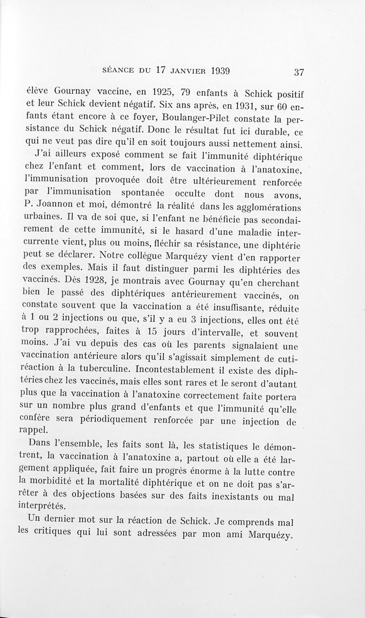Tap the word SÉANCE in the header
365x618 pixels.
click(120, 71)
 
